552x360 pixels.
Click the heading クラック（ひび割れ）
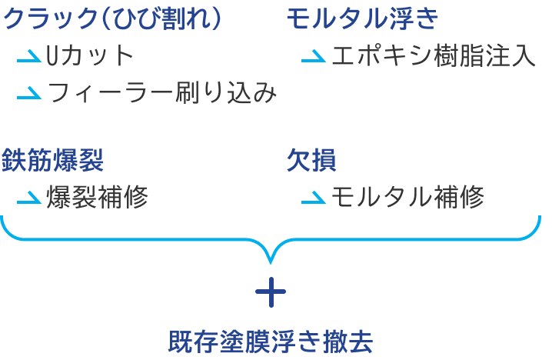pyautogui.click(x=114, y=19)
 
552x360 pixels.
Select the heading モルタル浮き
pyautogui.click(x=364, y=19)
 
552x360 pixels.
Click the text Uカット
pyautogui.click(x=90, y=56)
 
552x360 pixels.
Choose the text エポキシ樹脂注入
pyautogui.click(x=433, y=56)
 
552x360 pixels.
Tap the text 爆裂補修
pyautogui.click(x=98, y=198)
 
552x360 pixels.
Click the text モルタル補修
pyautogui.click(x=407, y=198)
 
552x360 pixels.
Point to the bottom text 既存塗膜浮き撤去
pyautogui.click(x=271, y=341)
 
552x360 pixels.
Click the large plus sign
pyautogui.click(x=271, y=292)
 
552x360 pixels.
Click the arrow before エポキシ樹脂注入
pyautogui.click(x=314, y=58)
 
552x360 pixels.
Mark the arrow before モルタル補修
pyautogui.click(x=314, y=199)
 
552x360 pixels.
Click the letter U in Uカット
pyautogui.click(x=54, y=56)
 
